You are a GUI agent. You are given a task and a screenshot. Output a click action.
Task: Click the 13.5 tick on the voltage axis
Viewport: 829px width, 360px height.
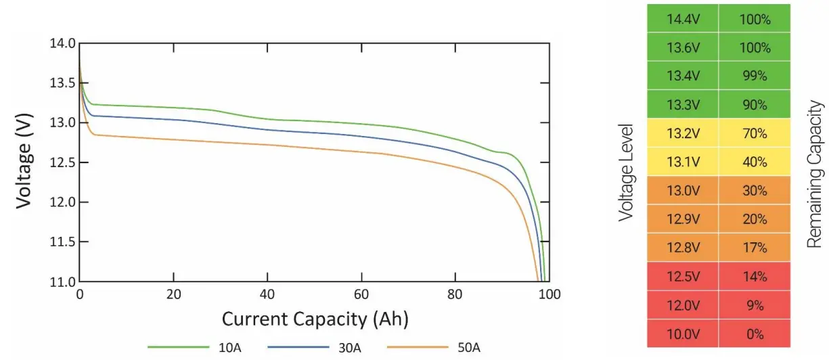coord(62,83)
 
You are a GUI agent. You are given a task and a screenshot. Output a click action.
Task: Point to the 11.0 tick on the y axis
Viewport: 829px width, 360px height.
coord(62,282)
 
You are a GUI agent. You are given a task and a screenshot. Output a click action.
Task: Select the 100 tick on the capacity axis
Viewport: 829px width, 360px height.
coord(550,295)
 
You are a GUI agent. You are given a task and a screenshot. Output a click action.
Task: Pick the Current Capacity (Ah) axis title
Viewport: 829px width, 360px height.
coord(315,318)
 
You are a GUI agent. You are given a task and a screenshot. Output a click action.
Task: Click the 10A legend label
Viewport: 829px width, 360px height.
coord(227,348)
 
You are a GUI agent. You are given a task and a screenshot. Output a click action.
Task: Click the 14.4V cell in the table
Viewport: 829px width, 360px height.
coord(682,20)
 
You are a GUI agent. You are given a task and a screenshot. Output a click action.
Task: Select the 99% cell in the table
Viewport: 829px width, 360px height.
coord(755,76)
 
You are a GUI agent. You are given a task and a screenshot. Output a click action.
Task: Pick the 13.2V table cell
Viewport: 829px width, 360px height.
coord(682,133)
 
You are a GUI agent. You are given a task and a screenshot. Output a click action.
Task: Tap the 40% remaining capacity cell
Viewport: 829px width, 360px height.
coord(755,162)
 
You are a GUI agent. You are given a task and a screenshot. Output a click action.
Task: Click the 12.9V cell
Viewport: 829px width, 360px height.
coord(682,219)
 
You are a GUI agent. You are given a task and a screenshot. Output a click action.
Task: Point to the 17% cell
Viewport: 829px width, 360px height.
coord(755,248)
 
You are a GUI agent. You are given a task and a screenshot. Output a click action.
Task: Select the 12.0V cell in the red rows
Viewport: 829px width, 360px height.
coord(682,305)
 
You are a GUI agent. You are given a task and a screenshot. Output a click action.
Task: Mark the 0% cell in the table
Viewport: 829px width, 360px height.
coord(755,334)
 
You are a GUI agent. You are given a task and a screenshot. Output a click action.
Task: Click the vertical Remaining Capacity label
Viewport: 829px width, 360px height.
coord(815,174)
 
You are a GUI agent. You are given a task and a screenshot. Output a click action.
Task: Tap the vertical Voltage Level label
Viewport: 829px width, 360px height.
coord(626,173)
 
